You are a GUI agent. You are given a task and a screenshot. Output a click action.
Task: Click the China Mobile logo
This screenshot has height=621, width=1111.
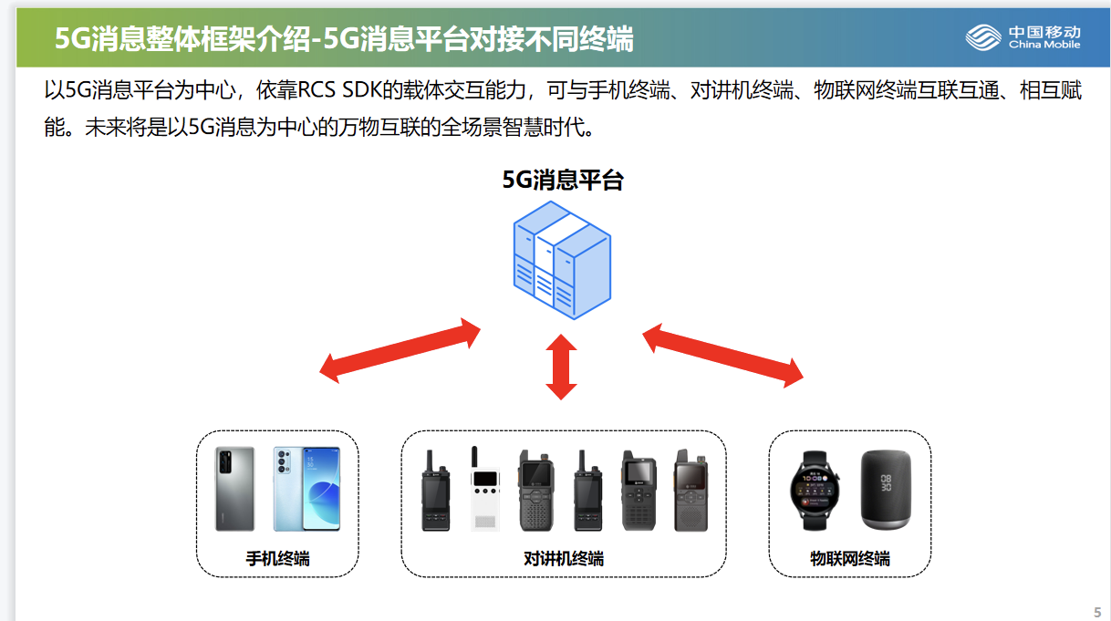point(1023,37)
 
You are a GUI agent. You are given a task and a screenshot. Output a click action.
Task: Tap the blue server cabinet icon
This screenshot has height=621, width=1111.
point(561,264)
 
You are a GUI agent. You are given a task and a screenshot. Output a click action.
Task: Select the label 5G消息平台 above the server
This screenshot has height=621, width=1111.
point(562,180)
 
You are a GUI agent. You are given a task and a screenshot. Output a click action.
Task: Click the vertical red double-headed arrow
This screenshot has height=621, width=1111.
point(561,367)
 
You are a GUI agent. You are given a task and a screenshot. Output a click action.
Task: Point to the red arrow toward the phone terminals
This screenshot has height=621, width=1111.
point(400,349)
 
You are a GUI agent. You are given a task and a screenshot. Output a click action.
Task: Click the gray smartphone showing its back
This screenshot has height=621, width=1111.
point(234,489)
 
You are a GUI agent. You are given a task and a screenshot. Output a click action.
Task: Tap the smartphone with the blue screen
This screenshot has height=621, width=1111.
point(306,489)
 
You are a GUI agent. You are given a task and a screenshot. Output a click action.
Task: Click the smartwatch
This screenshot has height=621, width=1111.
point(815,489)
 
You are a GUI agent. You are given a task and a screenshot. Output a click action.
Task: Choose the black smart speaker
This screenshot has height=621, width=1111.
point(887,489)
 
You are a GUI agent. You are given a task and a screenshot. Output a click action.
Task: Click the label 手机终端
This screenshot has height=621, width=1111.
point(277,558)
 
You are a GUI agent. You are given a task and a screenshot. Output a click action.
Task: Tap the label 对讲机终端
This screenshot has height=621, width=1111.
point(563,558)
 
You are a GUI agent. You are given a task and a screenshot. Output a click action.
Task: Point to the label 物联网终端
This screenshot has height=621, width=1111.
point(849,558)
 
